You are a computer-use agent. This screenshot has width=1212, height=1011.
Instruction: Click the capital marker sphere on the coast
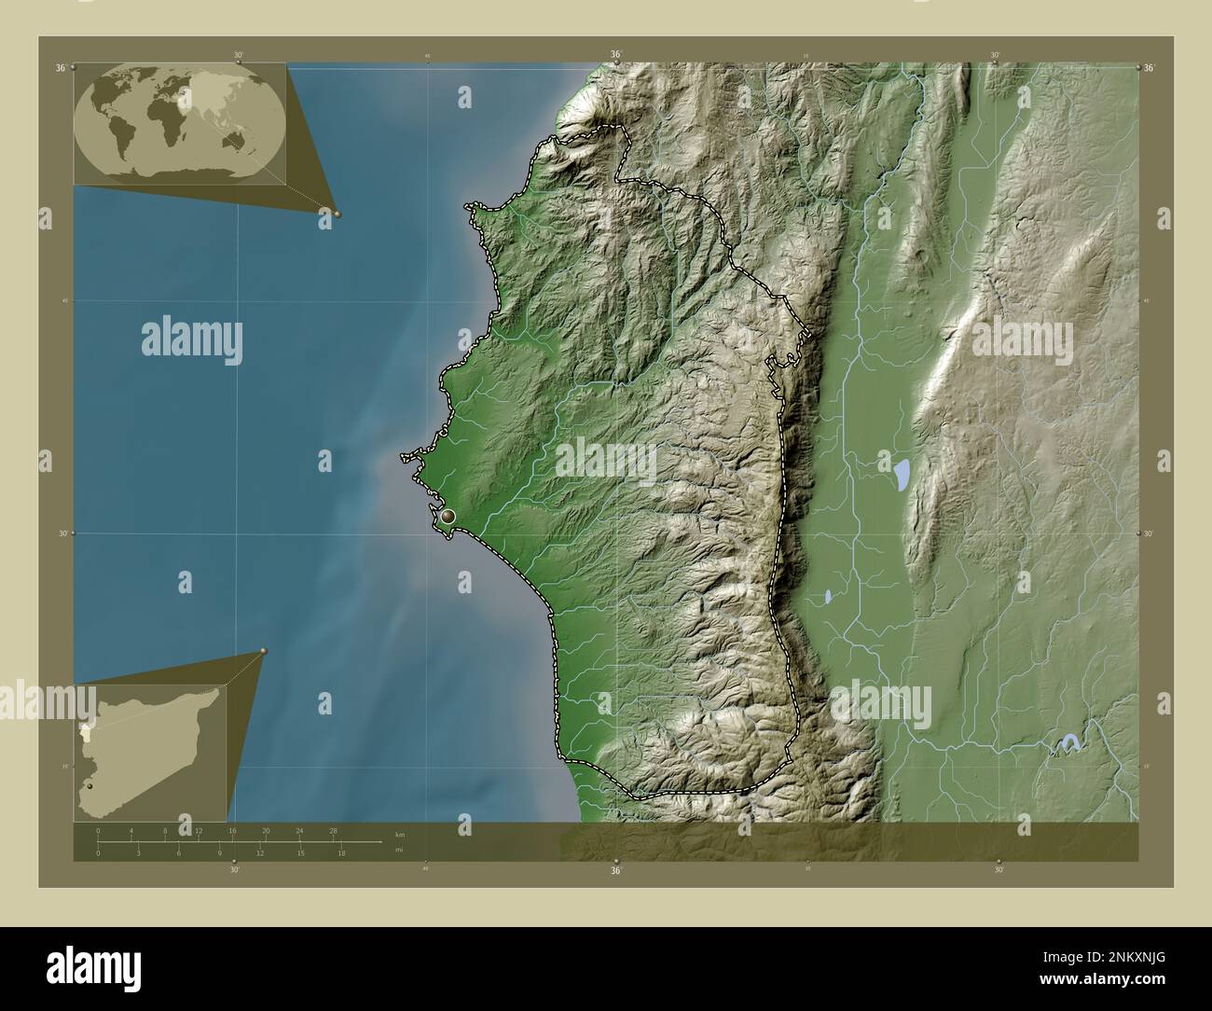coord(448,515)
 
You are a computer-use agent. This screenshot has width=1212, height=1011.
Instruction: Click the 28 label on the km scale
coord(333,830)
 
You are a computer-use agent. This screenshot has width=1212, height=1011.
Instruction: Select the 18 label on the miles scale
coord(342,852)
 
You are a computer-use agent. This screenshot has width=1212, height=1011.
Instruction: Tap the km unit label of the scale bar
coord(400,834)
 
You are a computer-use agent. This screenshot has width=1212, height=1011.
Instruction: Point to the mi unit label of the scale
coord(399,850)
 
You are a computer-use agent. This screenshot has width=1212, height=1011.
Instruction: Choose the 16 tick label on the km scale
coord(232,830)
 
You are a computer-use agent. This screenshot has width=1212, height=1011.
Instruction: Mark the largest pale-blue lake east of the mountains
coord(902,476)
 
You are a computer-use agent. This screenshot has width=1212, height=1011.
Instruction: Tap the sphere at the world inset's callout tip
coord(337,214)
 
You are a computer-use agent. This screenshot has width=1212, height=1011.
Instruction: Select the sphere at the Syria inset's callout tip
coord(264,651)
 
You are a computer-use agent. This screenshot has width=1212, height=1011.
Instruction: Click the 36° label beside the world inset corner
coord(61,68)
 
